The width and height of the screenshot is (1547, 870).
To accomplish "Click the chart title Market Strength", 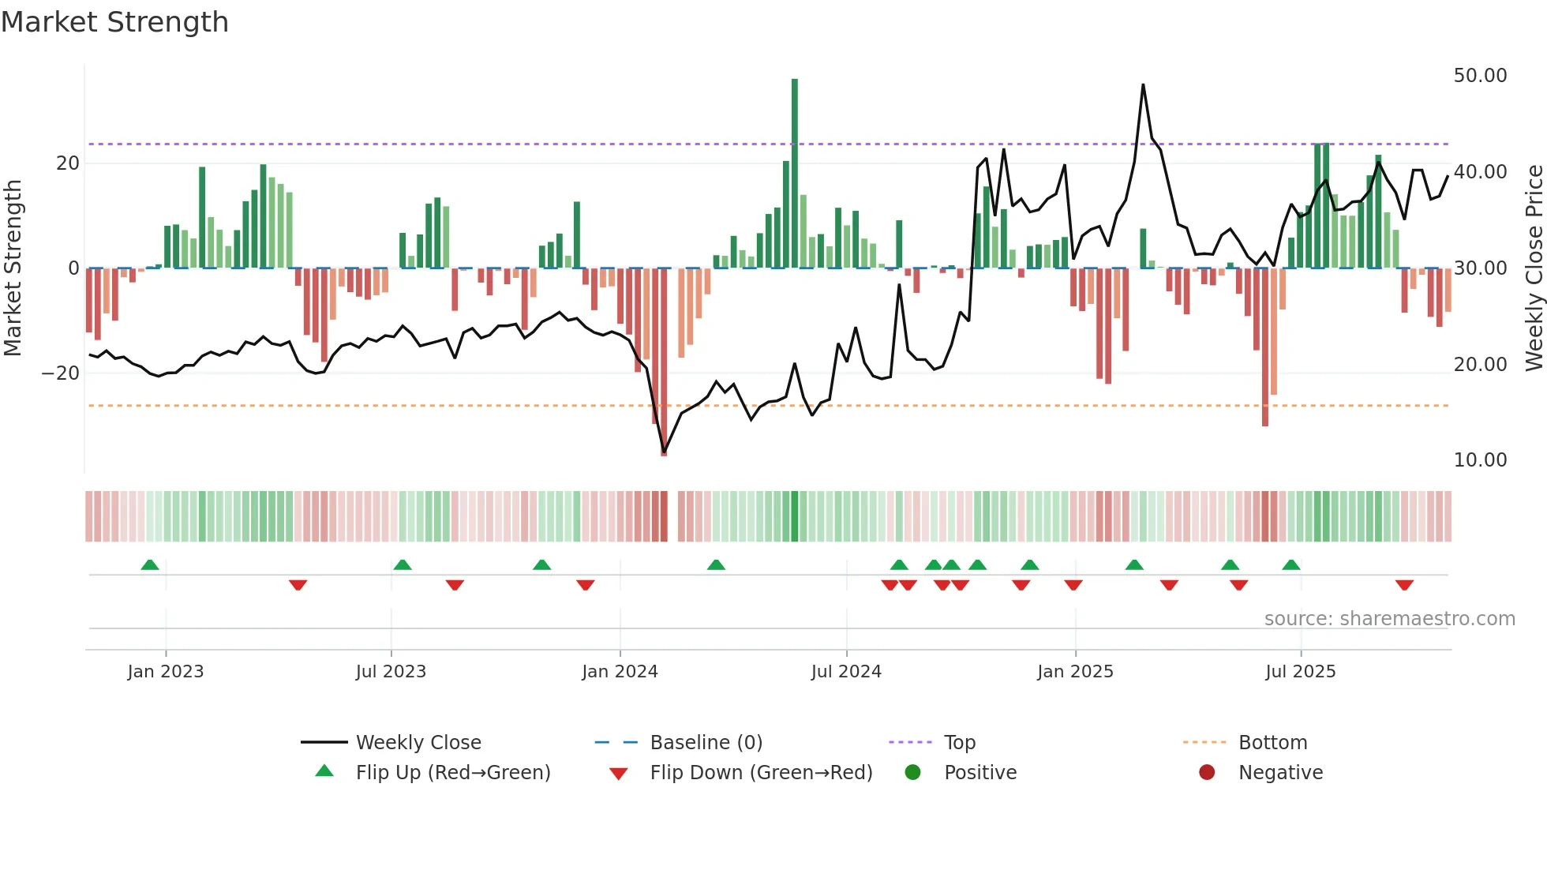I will click(115, 22).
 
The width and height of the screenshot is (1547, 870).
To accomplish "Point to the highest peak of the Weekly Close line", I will click(1143, 85).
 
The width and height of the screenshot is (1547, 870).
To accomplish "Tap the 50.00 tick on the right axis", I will click(1480, 76).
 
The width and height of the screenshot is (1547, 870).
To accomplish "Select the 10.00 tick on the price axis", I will click(1480, 460).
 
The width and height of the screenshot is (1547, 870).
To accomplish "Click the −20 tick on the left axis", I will click(61, 373).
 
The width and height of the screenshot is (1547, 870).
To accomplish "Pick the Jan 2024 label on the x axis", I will click(620, 672).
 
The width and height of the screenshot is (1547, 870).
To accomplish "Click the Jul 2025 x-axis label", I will click(1300, 672).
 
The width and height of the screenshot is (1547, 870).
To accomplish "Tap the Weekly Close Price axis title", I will click(1534, 268).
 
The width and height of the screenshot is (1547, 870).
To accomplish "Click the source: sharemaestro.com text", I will click(1389, 619).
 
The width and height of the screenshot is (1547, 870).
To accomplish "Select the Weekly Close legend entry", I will click(418, 743).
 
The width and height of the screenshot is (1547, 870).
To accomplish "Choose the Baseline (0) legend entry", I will click(706, 743).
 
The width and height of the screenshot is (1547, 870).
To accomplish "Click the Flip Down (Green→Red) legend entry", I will click(760, 773).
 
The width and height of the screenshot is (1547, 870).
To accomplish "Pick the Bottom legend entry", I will click(1272, 743).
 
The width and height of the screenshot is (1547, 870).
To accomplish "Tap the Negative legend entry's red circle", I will click(1207, 773).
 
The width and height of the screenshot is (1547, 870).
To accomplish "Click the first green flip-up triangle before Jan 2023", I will click(150, 564).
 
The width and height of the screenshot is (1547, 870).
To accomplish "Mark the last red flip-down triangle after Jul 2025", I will click(1404, 585).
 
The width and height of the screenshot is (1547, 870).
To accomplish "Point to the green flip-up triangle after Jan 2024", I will click(716, 564).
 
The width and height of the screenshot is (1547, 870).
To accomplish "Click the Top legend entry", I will click(959, 743).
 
